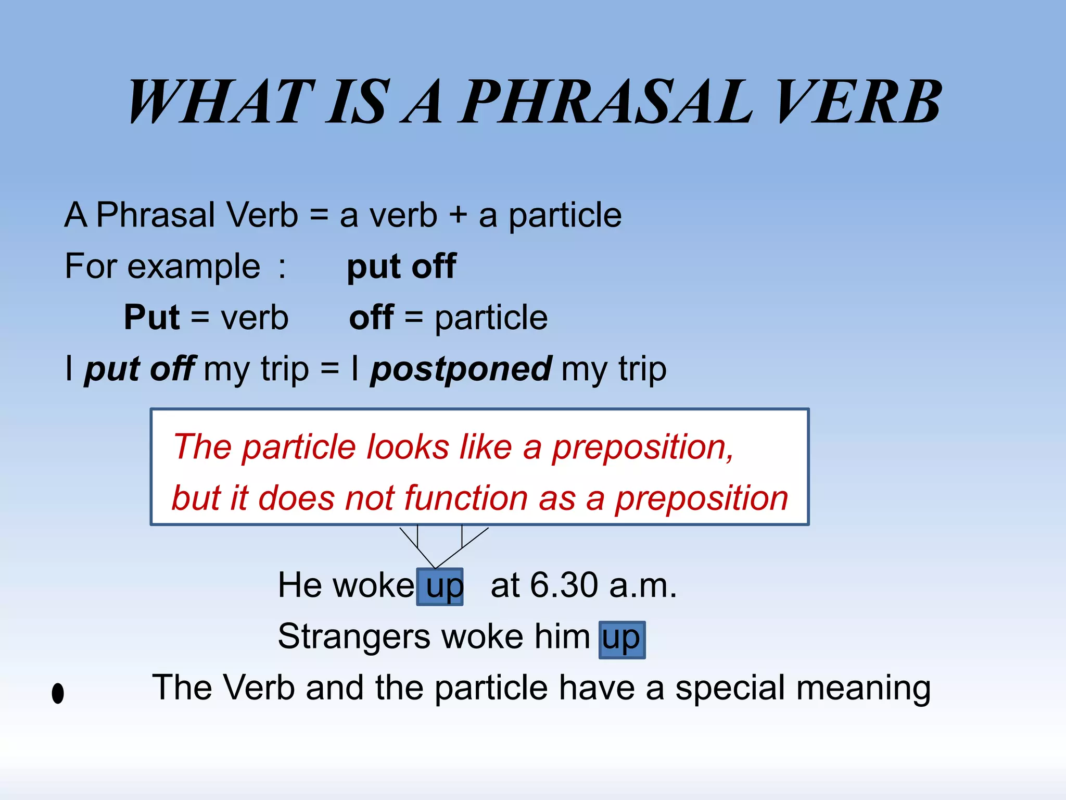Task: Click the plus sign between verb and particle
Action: (458, 215)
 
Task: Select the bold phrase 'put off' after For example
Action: (401, 267)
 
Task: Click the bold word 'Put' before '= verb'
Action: (151, 317)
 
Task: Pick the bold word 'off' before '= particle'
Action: (371, 317)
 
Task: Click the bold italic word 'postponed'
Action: (461, 369)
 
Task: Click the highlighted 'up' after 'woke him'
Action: (621, 639)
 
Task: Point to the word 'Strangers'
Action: (354, 636)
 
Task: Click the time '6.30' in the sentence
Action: (564, 585)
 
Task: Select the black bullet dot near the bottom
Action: (58, 693)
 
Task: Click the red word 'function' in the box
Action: (466, 498)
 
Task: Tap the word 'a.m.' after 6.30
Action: (642, 586)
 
